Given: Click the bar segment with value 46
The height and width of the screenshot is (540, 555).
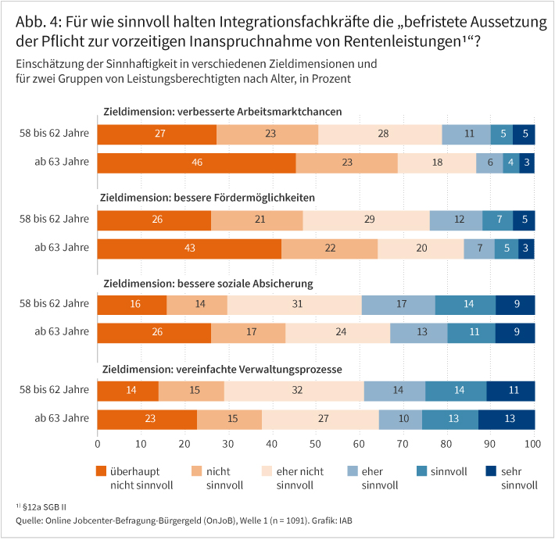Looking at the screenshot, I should click(197, 163).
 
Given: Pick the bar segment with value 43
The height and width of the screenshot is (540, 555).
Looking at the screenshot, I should click(189, 249).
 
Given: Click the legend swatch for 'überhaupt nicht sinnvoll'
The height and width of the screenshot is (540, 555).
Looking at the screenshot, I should click(102, 470).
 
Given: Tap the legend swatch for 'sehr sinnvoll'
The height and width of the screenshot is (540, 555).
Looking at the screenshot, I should click(493, 470).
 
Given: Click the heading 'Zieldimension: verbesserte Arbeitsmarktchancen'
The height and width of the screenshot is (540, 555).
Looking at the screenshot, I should click(222, 112).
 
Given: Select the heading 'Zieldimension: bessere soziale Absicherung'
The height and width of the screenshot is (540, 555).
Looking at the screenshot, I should click(208, 282).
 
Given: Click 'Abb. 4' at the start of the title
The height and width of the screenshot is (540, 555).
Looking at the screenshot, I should click(36, 23).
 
